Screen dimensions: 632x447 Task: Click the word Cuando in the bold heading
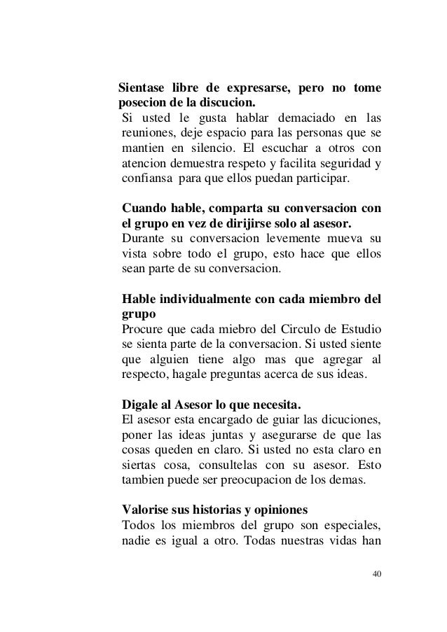pos(144,208)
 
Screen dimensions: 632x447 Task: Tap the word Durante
pos(144,239)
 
